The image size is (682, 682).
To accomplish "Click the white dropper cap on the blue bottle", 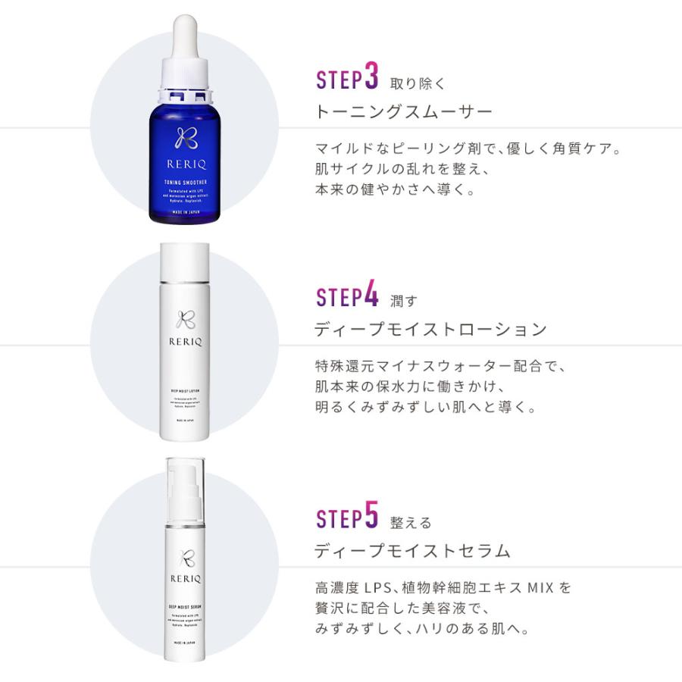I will pyautogui.click(x=184, y=45).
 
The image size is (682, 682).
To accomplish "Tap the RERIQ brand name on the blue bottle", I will pyautogui.click(x=184, y=162).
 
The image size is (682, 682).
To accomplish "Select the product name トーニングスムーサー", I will pyautogui.click(x=403, y=112).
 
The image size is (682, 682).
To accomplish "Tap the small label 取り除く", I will pyautogui.click(x=418, y=83).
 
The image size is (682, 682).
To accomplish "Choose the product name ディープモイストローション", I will pyautogui.click(x=430, y=329).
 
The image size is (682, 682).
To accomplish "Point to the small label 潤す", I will pyautogui.click(x=403, y=301).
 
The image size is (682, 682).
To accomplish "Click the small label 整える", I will pyautogui.click(x=411, y=522).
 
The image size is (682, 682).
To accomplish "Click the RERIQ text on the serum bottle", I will pyautogui.click(x=184, y=575).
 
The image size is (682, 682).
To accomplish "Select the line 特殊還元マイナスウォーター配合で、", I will pyautogui.click(x=440, y=366).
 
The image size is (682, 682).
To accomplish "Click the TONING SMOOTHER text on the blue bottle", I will pyautogui.click(x=184, y=182).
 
